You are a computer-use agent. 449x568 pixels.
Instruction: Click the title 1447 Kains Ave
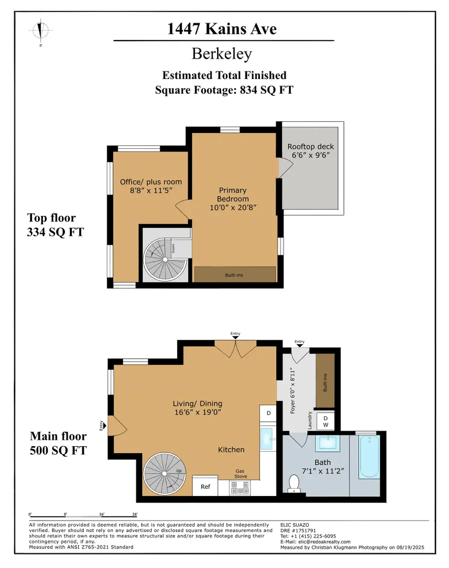[223, 29]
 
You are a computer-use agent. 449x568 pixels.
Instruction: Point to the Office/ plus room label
[151, 186]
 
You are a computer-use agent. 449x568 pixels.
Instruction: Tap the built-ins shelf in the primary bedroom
[234, 274]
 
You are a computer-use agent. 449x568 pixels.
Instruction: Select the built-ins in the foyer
[325, 382]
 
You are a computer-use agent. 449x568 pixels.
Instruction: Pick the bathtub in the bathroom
[370, 457]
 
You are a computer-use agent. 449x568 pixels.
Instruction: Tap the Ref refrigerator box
[205, 486]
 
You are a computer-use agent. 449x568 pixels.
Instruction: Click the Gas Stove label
[241, 474]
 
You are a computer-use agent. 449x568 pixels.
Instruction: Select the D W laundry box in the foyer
[325, 421]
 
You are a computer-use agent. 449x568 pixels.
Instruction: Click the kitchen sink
[267, 438]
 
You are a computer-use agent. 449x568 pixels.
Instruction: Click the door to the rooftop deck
[283, 170]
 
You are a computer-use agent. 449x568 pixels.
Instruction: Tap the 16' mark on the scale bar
[101, 514]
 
